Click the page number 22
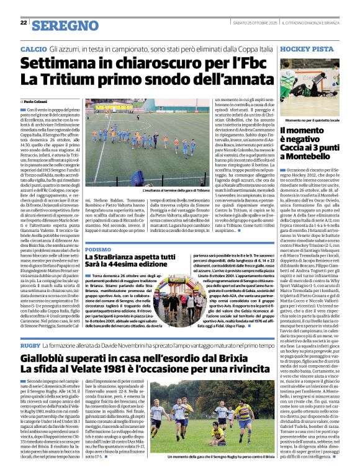pos(24,23)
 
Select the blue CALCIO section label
pos(33,48)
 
